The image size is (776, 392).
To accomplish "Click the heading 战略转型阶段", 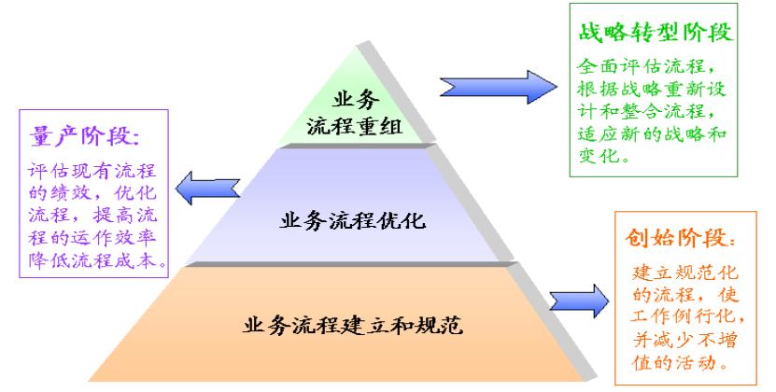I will coord(654,33).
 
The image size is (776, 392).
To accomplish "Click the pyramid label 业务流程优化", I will coord(352,221).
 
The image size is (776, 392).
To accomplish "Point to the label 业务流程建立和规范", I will coord(354,327).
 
